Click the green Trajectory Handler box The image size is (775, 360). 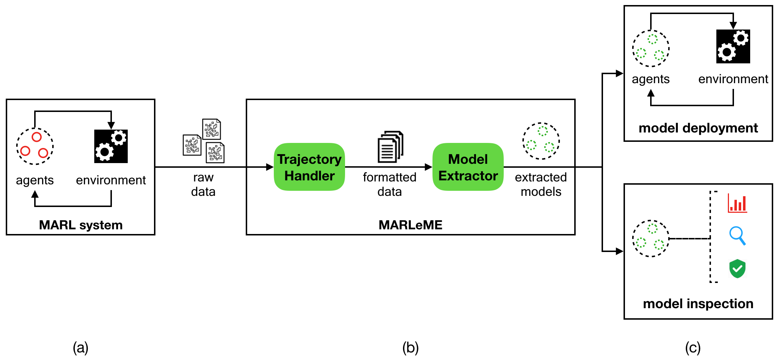point(309,167)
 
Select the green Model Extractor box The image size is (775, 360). point(468,167)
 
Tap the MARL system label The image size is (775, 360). point(81,225)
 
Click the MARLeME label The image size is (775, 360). point(411,225)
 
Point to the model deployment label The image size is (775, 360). point(698,128)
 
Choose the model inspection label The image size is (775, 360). point(698,304)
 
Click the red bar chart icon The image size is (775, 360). point(737,203)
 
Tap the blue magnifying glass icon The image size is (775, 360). point(738,236)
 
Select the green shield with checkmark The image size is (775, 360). point(737,269)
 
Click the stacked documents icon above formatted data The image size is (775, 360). point(390,147)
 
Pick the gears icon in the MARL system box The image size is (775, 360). point(111,147)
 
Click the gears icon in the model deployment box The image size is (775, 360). point(733,46)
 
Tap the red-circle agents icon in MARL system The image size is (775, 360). point(35,146)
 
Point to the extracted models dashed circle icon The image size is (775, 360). point(541,141)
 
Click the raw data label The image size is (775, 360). point(203,184)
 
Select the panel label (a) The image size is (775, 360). point(81,348)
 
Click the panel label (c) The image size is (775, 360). point(693,348)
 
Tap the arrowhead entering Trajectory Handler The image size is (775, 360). point(270,167)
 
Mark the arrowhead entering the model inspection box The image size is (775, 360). point(620,251)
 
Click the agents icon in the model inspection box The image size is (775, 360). point(651,238)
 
